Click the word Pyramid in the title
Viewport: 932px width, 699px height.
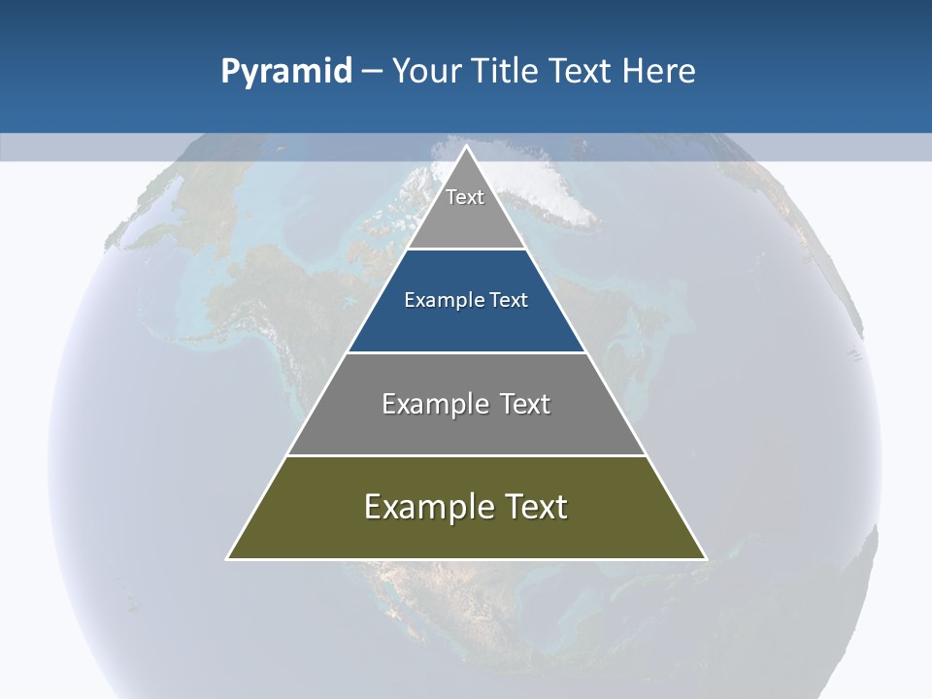coord(286,72)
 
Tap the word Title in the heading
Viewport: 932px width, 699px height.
coord(506,72)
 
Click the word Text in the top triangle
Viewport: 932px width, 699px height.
coord(465,197)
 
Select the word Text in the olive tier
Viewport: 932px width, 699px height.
coord(536,507)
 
